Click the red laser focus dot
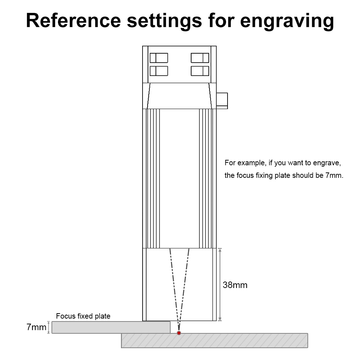[x=179, y=333]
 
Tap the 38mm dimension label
[x=235, y=285]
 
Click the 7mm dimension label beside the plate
[x=36, y=327]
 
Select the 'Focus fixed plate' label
[x=83, y=316]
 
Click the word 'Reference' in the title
[x=73, y=21]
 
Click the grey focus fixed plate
[x=111, y=327]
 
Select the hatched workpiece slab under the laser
[x=215, y=341]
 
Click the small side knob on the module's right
[x=222, y=101]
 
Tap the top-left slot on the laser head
[x=159, y=58]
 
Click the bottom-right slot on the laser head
[x=200, y=71]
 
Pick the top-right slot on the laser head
[x=200, y=58]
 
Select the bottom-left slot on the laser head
[x=159, y=71]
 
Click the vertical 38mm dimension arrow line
[x=220, y=284]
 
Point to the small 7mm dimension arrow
[x=49, y=327]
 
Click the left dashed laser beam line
[x=174, y=290]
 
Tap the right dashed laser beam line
[x=184, y=290]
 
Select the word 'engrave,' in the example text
[x=327, y=163]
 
